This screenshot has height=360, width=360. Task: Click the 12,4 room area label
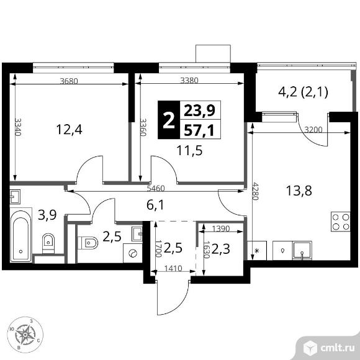(69, 130)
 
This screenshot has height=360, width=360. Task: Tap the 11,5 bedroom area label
(189, 151)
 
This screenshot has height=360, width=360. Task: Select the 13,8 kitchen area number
(299, 191)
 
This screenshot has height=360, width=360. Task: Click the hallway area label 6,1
(155, 205)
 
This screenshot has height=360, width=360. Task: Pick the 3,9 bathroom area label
(47, 215)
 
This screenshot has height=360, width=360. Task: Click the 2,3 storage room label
(220, 249)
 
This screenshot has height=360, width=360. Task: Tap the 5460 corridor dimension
(156, 189)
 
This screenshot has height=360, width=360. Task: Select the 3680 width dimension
(69, 81)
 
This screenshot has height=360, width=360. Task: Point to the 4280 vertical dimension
(255, 191)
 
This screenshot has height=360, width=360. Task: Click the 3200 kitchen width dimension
(313, 130)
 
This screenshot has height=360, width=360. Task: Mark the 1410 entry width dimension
(173, 268)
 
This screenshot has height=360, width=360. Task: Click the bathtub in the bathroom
(20, 236)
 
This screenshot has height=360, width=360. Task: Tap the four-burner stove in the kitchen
(341, 222)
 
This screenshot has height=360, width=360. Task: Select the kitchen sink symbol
(302, 251)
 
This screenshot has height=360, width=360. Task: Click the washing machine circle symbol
(133, 253)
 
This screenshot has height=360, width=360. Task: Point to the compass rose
(25, 335)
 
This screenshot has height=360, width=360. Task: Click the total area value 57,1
(199, 130)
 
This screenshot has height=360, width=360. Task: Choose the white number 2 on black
(169, 120)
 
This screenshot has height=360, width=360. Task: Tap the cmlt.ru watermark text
(338, 348)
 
